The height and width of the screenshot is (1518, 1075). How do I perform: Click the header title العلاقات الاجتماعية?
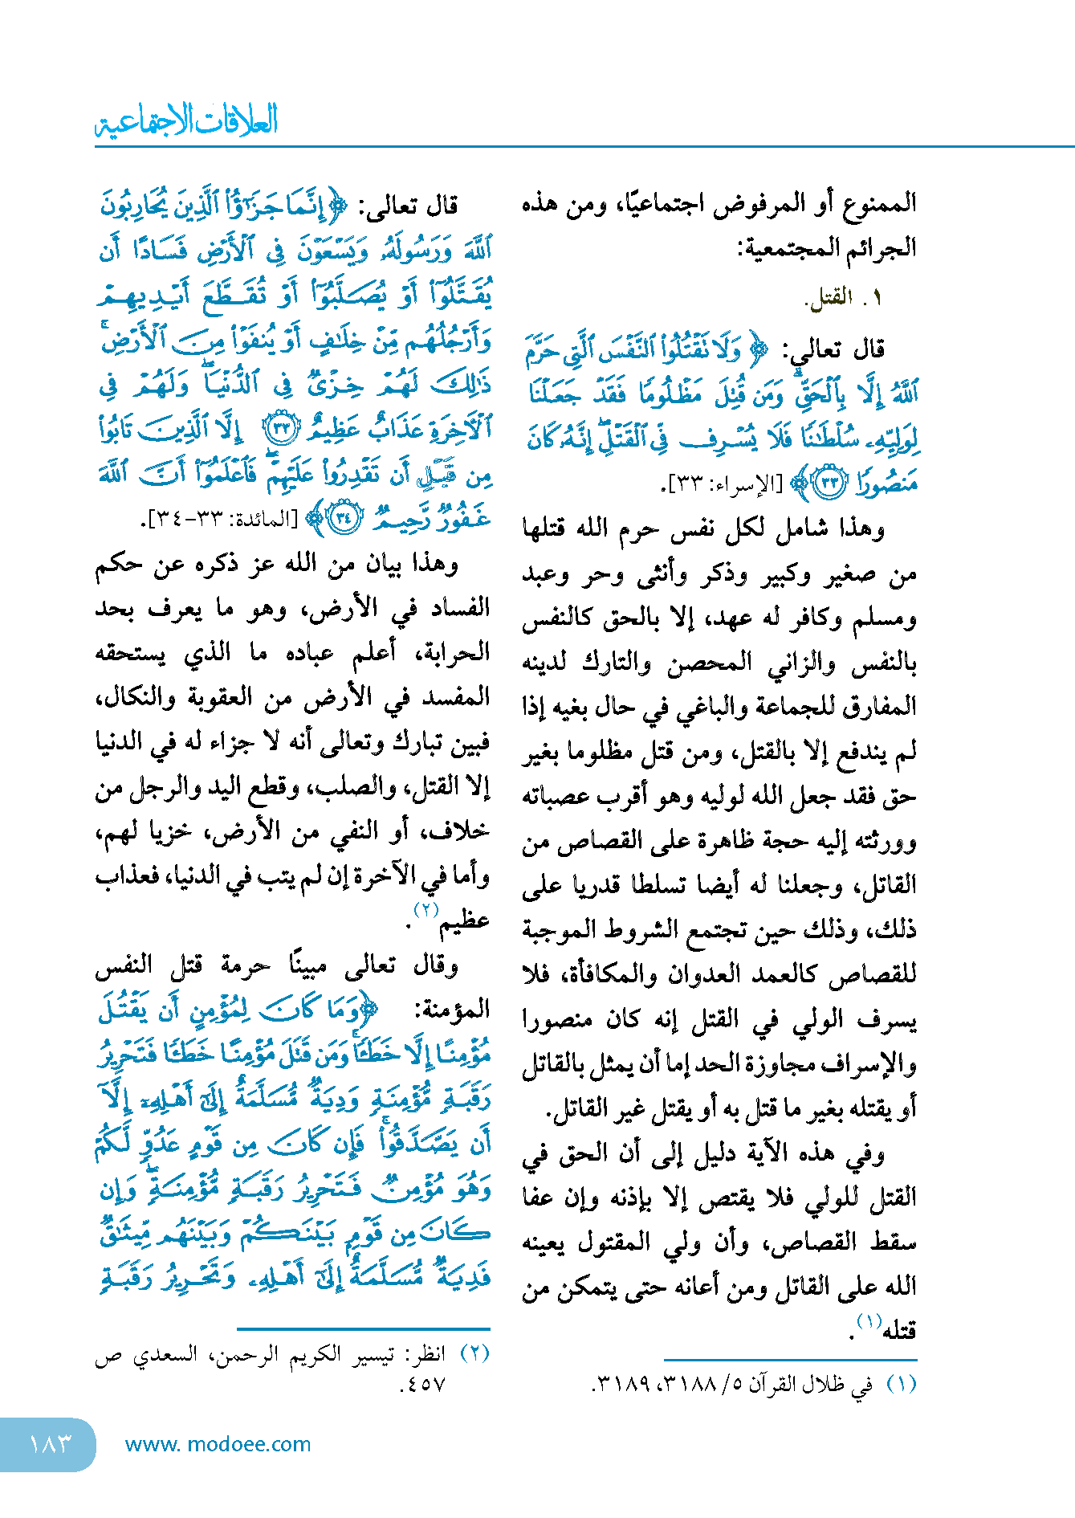point(186,121)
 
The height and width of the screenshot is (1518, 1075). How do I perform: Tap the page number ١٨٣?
point(50,1443)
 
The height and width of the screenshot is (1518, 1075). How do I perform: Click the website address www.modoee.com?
point(218,1443)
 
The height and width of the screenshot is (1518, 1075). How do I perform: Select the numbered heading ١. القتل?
point(842,298)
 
